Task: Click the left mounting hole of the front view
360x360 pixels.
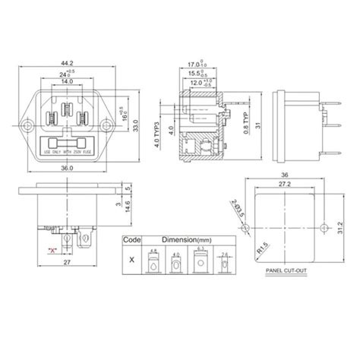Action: click(29, 122)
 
